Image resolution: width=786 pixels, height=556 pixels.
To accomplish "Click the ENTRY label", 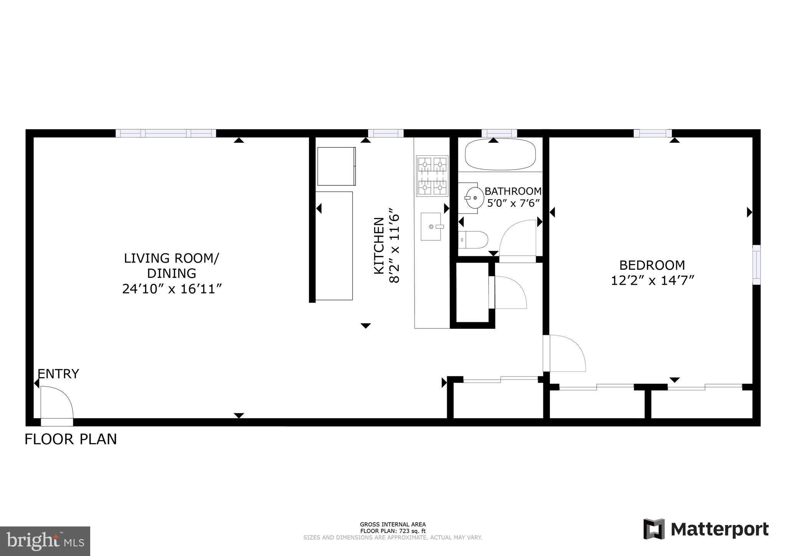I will pos(58,373).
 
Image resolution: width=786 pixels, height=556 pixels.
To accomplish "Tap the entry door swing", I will pos(56,403).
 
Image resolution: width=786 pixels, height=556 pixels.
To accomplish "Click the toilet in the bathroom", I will pos(474,239).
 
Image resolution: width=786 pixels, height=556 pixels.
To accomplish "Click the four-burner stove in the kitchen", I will pos(432,176).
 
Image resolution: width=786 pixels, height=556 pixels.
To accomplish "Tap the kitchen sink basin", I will pos(431,226).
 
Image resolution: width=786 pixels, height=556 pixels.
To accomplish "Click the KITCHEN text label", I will pos(379,246).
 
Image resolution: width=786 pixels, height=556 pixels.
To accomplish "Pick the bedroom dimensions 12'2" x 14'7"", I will pos(652,280).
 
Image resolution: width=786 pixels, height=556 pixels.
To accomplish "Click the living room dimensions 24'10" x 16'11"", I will pos(172,289).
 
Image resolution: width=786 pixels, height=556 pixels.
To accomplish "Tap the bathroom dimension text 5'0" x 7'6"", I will pos(514,203).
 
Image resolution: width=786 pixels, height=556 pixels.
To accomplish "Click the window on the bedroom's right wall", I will pos(756,264).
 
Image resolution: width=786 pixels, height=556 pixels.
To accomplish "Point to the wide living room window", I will pos(166,133).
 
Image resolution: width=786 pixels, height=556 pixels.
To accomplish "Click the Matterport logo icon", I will pos(654,529).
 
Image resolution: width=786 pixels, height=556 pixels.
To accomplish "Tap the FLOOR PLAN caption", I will pos(71,439).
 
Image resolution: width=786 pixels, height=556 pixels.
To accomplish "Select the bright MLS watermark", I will pos(45,541).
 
